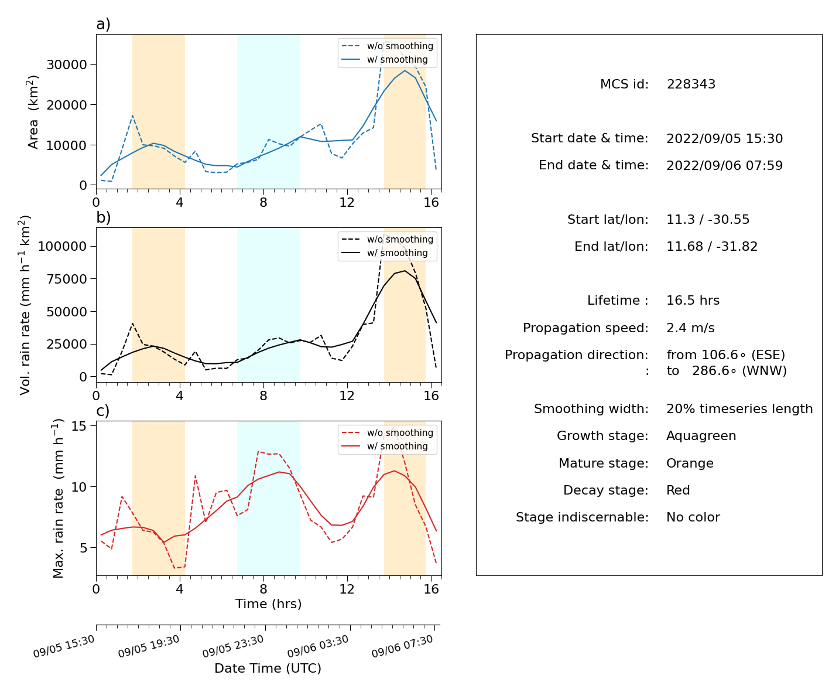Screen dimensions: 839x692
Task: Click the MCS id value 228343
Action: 691,84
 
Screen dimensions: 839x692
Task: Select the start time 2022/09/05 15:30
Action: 724,139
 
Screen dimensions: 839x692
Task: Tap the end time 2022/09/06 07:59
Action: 724,166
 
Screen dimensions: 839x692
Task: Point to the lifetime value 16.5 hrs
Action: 693,301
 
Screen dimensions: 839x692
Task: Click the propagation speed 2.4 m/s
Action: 690,328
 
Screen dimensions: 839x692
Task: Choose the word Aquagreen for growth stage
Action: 701,436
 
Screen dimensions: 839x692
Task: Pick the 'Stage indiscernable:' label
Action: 582,517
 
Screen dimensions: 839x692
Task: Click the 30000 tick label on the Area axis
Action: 67,64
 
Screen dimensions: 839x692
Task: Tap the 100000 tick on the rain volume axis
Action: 62,247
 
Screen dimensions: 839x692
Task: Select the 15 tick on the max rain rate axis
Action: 79,426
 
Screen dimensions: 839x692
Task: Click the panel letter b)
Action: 103,217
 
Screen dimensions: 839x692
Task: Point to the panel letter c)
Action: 103,411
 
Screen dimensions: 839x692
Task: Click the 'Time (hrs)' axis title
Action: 268,604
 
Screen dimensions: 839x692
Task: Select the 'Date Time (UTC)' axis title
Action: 268,669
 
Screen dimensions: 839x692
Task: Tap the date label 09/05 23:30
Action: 233,646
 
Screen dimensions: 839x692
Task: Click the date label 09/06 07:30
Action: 402,646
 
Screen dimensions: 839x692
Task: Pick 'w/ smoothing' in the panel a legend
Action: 398,60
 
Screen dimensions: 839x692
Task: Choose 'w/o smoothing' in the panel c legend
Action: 400,432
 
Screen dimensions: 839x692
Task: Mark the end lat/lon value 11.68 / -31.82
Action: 712,247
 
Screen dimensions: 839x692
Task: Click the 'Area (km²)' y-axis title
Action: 33,112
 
